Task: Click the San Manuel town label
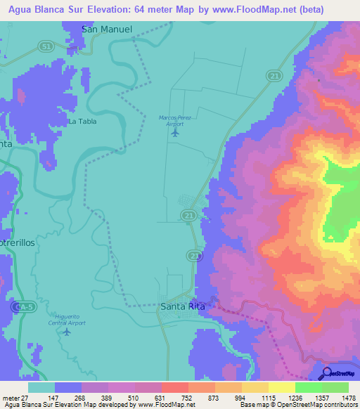(107, 29)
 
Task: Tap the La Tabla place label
(82, 121)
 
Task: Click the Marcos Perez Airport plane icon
(175, 131)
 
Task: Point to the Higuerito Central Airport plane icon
(67, 332)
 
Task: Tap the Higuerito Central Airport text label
(67, 320)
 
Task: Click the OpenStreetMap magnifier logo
(326, 372)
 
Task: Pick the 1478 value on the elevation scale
(340, 397)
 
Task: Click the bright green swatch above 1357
(309, 387)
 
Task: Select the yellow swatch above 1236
(282, 387)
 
